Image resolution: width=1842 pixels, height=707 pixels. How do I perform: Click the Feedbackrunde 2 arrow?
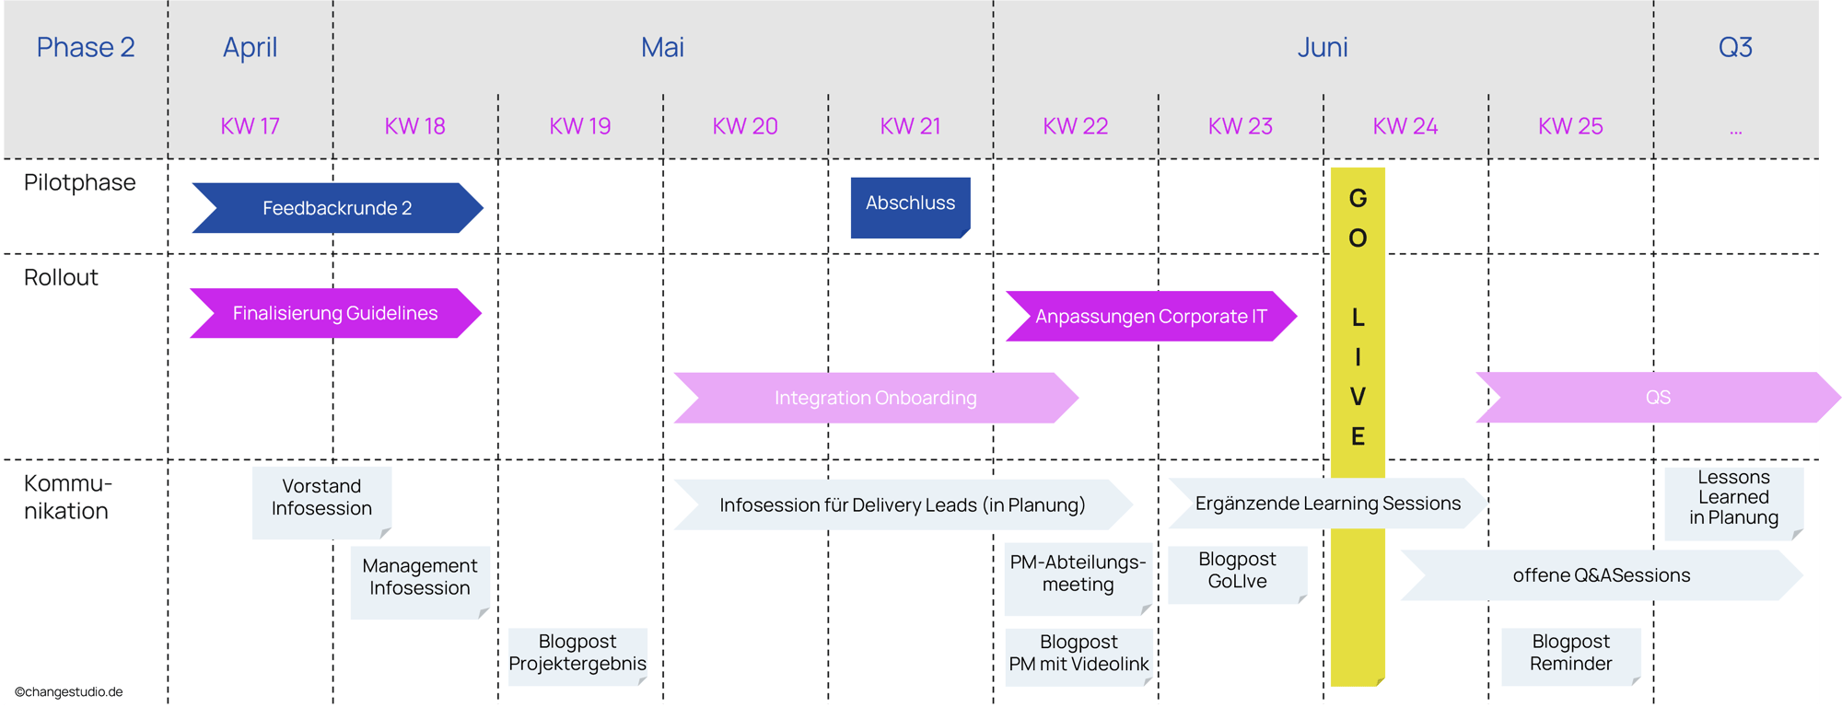(337, 208)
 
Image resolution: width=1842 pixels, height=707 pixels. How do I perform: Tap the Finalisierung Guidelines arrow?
(335, 313)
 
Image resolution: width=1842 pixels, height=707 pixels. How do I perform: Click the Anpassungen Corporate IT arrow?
(1150, 317)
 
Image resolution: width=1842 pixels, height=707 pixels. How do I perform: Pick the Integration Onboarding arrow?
(875, 398)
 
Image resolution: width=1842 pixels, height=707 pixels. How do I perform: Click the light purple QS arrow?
(1657, 398)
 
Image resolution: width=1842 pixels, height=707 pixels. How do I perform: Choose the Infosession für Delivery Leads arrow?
(902, 504)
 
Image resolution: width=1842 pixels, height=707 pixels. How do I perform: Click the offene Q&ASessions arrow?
(1601, 575)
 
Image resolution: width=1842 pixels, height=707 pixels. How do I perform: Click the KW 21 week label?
(910, 126)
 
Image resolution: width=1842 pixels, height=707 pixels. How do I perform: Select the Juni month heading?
(1323, 47)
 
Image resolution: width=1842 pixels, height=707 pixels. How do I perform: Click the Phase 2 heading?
(86, 47)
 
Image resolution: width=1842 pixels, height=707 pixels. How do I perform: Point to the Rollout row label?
(61, 277)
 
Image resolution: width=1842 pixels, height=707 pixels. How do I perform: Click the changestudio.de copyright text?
(68, 692)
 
